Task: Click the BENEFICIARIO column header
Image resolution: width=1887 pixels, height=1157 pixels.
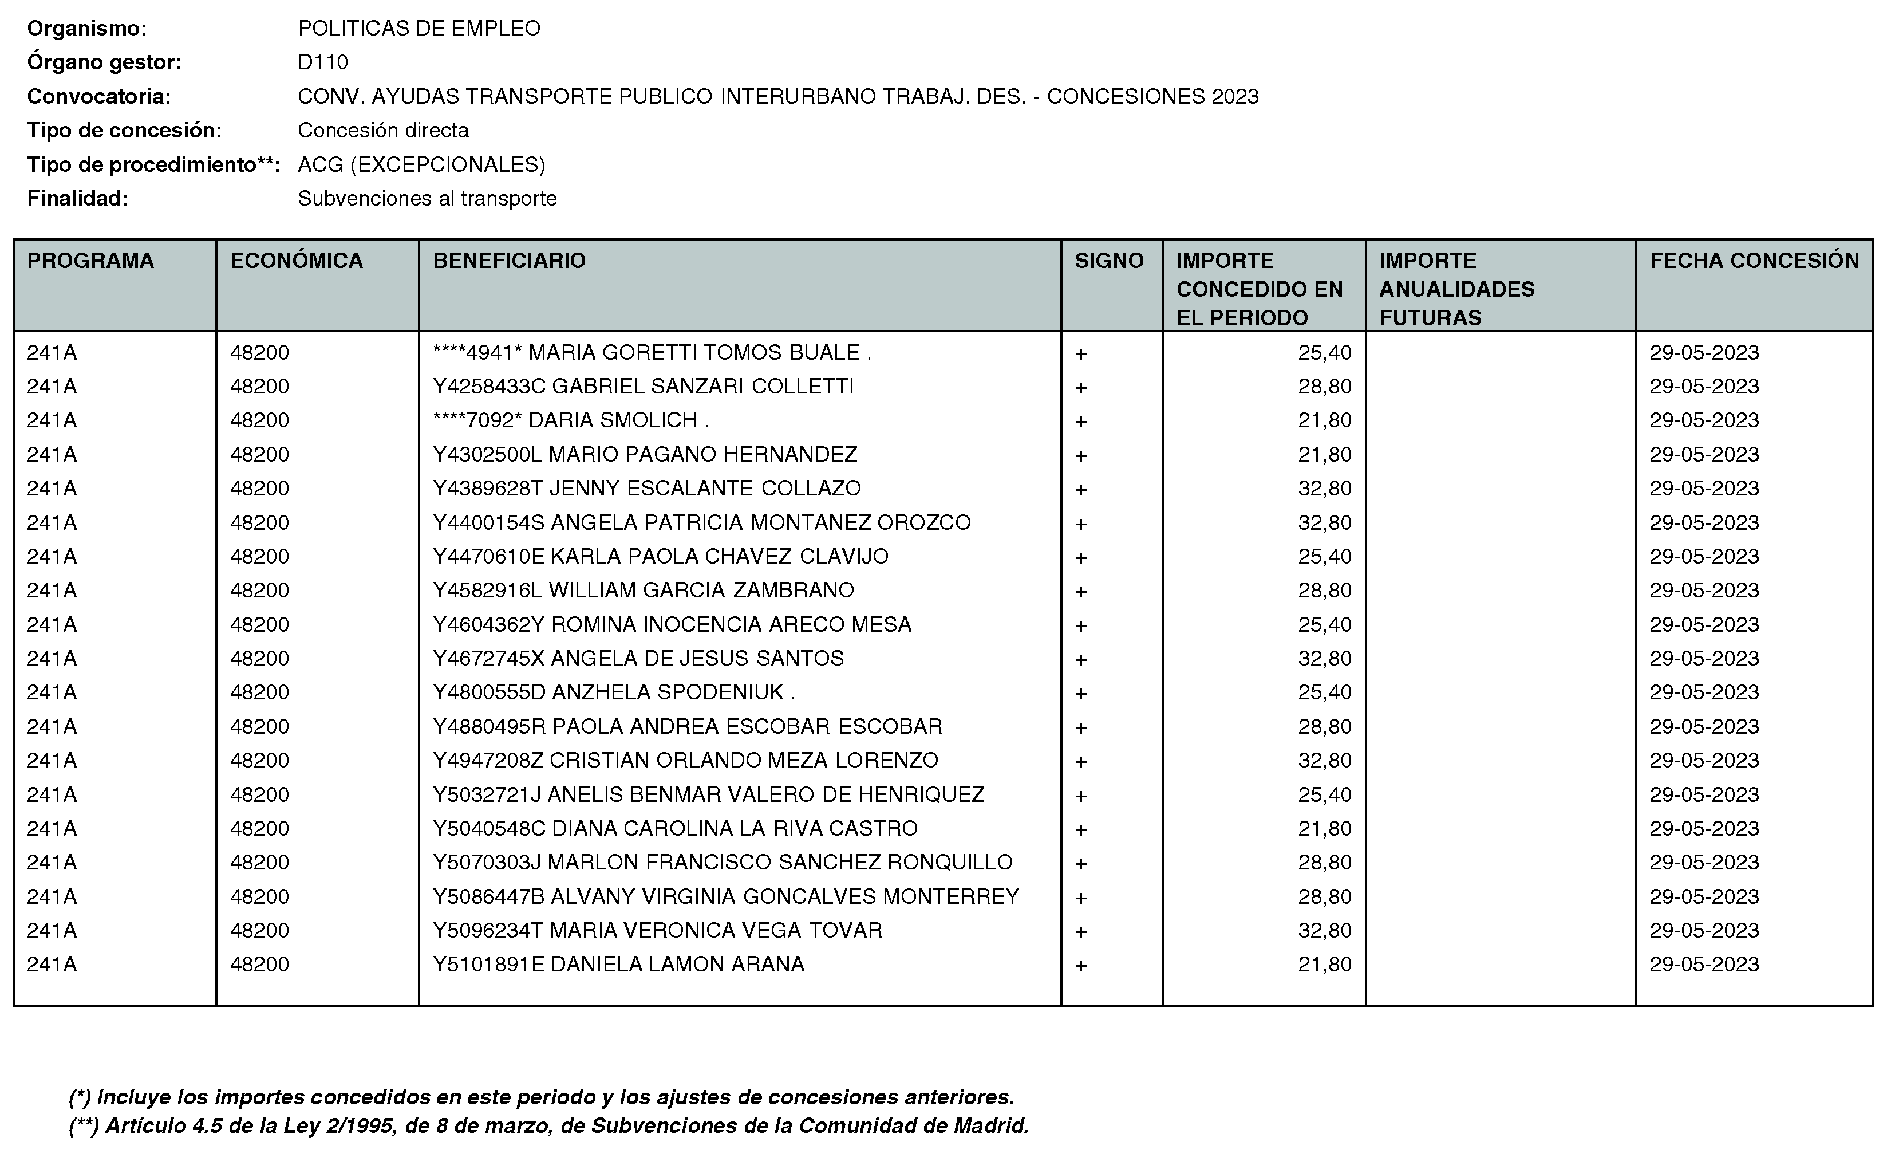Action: (510, 261)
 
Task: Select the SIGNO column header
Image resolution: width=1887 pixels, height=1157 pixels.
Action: (1109, 261)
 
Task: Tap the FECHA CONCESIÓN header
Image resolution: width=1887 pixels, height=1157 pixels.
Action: (1754, 261)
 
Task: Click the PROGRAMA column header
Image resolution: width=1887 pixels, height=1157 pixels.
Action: (90, 261)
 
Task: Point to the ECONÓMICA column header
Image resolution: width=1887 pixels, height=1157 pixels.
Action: (297, 261)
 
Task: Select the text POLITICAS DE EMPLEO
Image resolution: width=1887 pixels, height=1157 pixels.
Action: (419, 28)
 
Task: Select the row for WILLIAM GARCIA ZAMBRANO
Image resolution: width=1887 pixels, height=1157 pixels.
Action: (644, 590)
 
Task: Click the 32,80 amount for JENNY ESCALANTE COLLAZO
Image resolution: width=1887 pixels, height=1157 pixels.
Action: (1324, 488)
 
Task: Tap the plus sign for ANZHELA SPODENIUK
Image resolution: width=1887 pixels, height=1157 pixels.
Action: (1080, 694)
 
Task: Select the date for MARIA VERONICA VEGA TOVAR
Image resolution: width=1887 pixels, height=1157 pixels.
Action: (1704, 930)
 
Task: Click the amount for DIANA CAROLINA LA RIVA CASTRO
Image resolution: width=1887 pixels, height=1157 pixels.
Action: (1324, 828)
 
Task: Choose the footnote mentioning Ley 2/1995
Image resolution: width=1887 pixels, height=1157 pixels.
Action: (548, 1125)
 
